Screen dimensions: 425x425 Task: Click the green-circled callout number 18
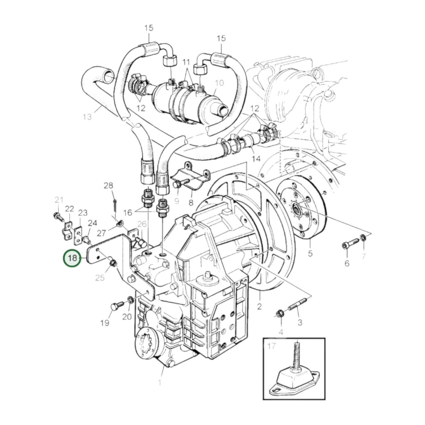72,258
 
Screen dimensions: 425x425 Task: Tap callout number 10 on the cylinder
220,83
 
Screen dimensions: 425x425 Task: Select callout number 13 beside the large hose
87,117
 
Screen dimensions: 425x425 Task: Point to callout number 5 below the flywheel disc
310,253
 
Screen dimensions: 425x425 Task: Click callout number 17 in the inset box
271,346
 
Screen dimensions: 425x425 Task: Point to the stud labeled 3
295,308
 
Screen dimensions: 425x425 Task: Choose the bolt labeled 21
58,216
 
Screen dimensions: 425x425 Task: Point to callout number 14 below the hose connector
256,159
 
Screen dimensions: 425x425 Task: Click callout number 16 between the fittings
128,212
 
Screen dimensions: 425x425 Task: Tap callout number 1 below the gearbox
160,383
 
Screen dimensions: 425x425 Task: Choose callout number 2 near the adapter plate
259,306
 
